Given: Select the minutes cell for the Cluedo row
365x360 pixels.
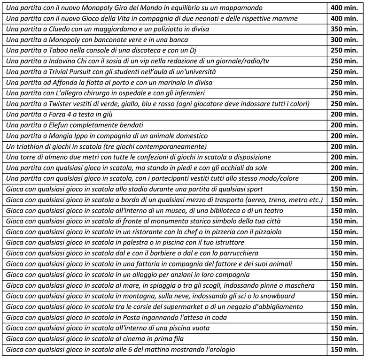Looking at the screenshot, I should coord(345,29).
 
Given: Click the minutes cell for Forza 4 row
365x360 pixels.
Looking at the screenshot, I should coord(345,114).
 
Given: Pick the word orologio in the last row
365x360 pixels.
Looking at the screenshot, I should coord(218,350).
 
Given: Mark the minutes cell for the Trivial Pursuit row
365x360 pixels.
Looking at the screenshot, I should coord(345,71).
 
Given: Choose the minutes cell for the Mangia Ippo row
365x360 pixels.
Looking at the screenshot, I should coord(345,136).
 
